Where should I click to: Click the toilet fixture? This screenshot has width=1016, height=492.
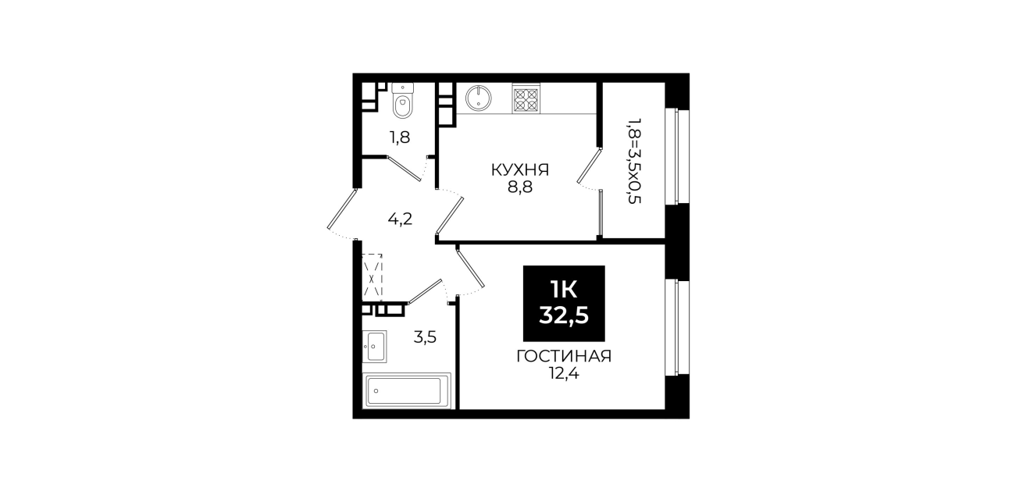pos(402,101)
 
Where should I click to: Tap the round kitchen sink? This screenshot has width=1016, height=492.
pos(479,98)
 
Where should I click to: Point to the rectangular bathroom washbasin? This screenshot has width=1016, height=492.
pos(375,347)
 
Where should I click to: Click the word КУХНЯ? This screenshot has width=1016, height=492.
pos(520,170)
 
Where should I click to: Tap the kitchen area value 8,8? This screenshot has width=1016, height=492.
pos(520,187)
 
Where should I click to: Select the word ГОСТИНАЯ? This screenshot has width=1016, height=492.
pos(565,356)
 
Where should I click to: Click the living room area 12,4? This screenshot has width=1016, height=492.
pos(565,373)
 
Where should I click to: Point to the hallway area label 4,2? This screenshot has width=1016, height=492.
pos(400,219)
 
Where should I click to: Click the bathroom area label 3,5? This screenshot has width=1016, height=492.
pos(425,337)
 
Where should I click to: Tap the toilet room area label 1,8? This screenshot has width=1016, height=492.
pos(400,137)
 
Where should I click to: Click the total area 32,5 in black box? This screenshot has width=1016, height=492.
pos(564,315)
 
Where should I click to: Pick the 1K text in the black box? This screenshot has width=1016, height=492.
pos(564,290)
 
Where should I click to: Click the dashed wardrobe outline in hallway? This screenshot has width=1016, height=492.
pos(373,277)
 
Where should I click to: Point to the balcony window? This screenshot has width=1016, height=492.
pos(677,156)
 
